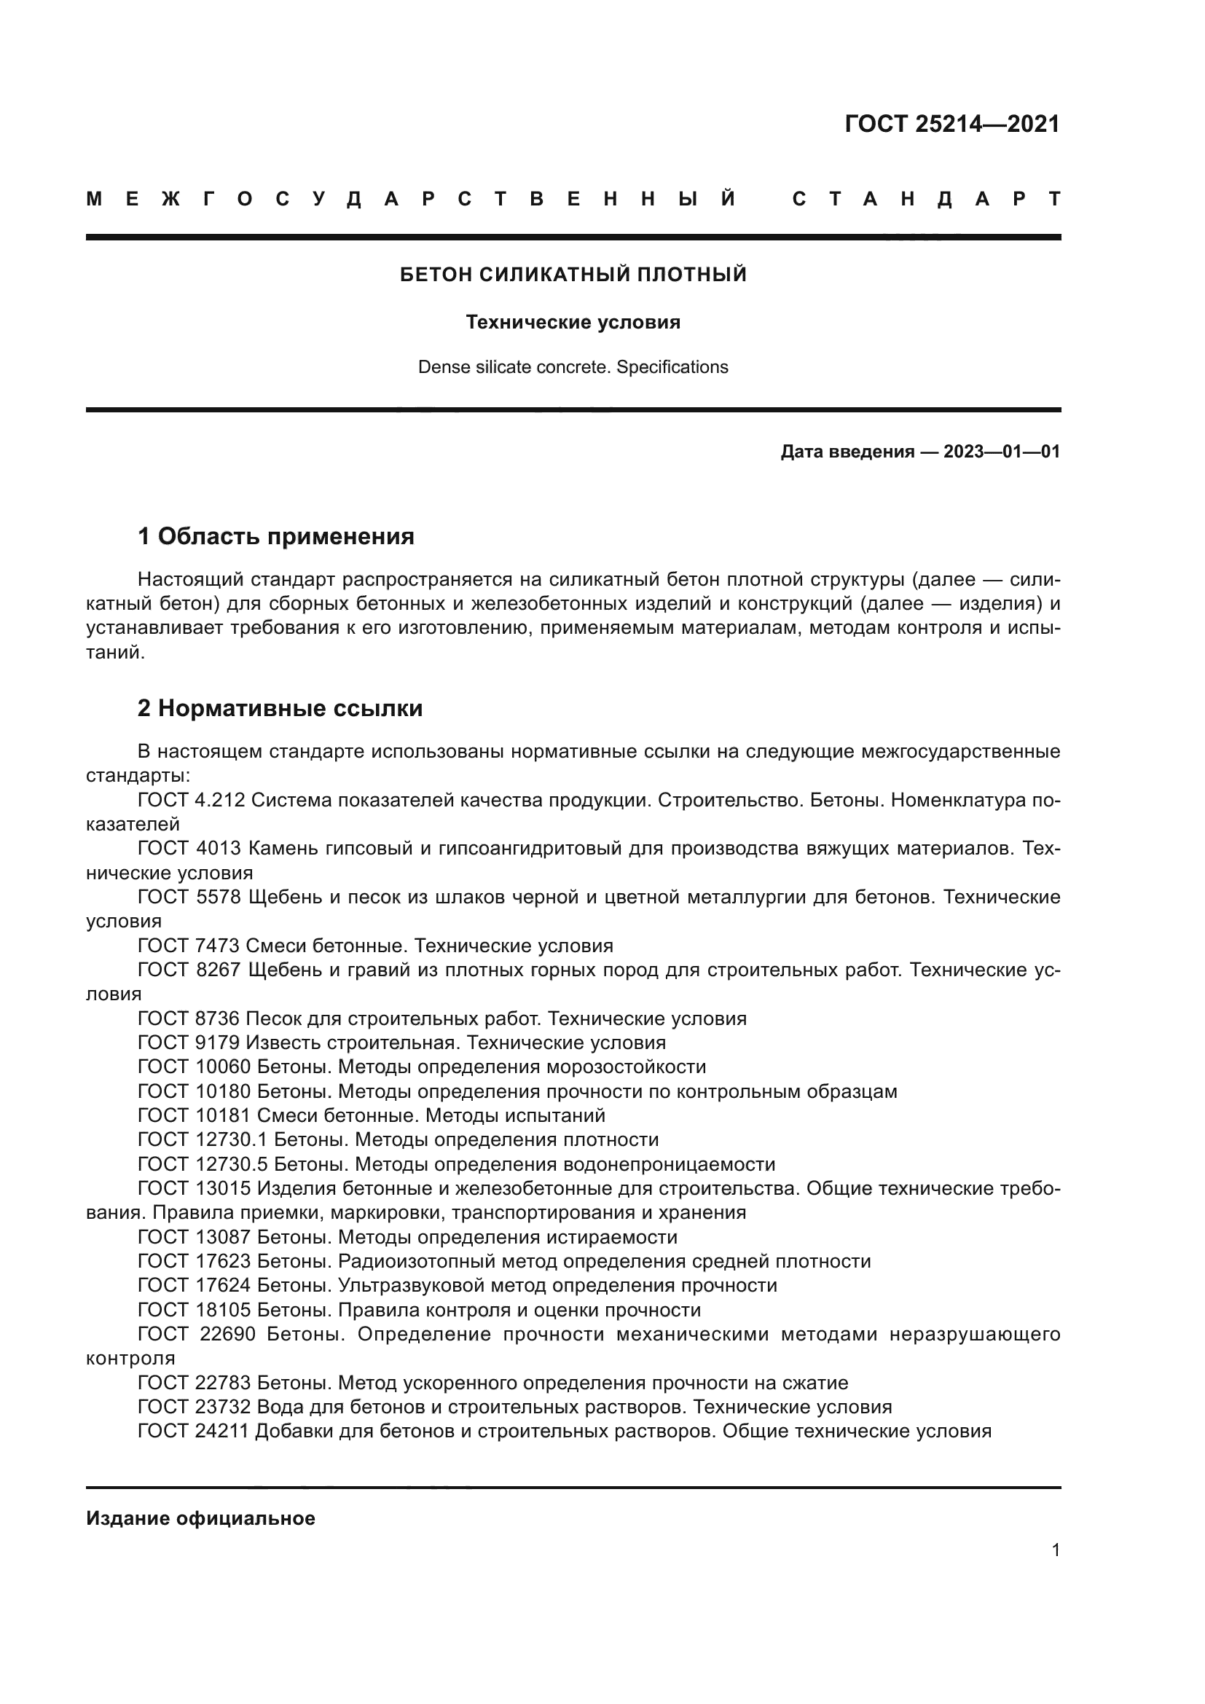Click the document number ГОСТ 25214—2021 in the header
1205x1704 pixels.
[x=952, y=124]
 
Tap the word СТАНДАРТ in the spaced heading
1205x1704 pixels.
[x=926, y=199]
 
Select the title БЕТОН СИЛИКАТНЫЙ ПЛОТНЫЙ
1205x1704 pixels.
[x=573, y=275]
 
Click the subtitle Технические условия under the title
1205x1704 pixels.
[x=573, y=322]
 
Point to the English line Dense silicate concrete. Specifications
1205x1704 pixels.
[x=573, y=366]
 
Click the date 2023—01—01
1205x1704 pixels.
[x=1002, y=451]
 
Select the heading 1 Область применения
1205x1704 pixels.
[x=275, y=536]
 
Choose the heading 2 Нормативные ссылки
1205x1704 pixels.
[x=280, y=708]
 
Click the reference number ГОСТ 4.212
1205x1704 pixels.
[x=192, y=800]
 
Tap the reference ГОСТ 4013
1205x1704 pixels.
[x=189, y=848]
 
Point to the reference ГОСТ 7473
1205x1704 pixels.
[x=189, y=946]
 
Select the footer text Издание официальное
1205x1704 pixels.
[x=200, y=1518]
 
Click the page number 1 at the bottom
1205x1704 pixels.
[x=1055, y=1550]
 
